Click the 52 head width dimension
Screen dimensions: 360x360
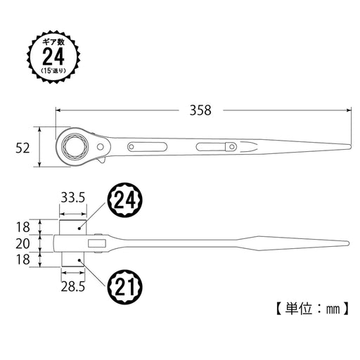24,148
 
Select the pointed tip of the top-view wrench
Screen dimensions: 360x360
349,147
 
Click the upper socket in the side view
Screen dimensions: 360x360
72,226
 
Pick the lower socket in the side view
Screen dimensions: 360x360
72,261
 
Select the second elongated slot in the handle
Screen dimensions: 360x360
214,147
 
